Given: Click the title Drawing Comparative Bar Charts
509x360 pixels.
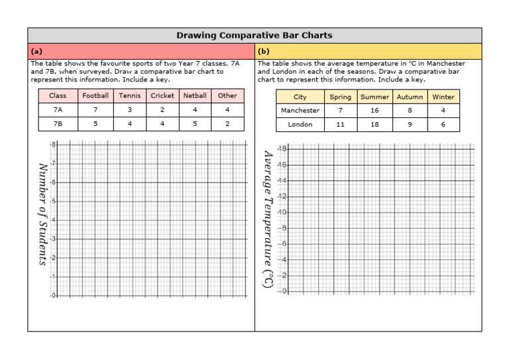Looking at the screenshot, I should point(254,35).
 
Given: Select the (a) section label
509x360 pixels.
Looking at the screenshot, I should point(37,51).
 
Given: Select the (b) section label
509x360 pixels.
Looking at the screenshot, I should point(264,51).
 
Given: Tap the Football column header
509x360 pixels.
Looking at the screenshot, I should point(95,95).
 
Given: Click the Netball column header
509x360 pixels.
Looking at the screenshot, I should point(195,95).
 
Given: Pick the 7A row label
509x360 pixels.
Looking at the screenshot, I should point(58,109).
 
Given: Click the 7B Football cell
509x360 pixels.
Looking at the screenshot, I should point(95,123).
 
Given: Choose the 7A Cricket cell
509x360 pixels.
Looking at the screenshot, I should point(162,109).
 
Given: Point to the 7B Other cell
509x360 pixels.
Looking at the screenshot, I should point(227,123).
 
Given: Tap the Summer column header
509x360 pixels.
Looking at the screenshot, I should point(375,97).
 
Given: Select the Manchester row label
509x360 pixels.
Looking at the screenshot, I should point(300,111).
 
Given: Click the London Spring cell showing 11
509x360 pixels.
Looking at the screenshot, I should point(341,125).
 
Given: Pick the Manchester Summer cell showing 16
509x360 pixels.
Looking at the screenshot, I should point(375,111).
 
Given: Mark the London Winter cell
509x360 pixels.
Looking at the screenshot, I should point(443,125).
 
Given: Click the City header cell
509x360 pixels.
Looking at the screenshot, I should point(300,97).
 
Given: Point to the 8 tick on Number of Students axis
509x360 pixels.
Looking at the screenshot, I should point(53,145).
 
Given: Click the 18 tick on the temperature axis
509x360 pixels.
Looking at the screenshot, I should point(282,149).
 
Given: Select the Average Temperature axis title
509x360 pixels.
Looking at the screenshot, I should point(267,219).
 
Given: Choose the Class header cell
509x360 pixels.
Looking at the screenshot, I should point(58,95).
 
